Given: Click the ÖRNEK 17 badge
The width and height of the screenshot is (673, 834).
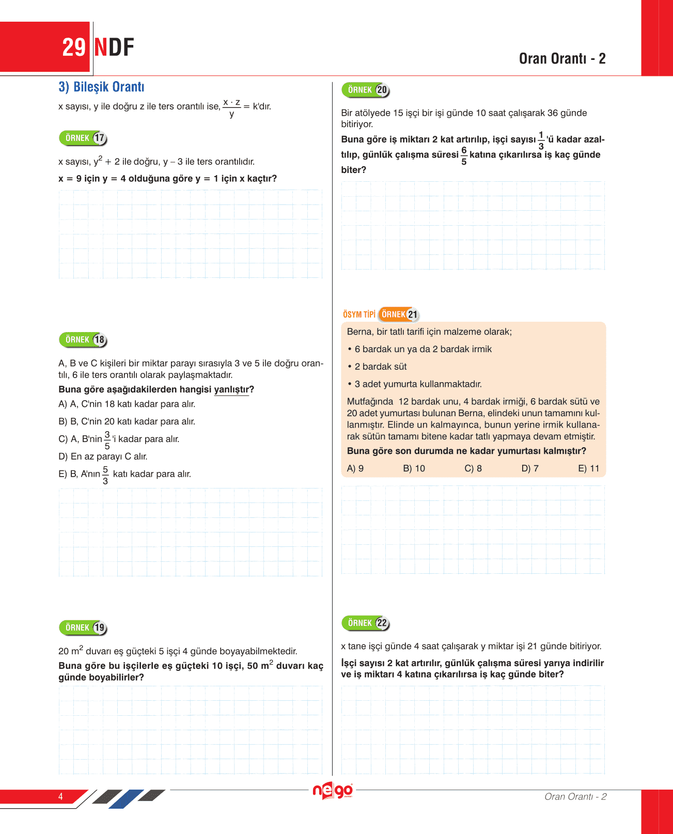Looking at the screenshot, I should coord(83,138).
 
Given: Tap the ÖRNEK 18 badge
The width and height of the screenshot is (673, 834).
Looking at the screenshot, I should coord(83,340).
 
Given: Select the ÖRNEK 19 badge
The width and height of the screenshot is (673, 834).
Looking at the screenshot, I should coord(83,628).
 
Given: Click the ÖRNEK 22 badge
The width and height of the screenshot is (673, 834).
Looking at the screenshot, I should coord(366,623).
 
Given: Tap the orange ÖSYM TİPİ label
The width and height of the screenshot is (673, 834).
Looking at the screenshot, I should coord(359,314).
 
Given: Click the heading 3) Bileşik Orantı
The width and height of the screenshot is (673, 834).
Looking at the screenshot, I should coord(101,87).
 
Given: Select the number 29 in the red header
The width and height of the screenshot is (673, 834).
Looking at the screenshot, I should coord(73,48).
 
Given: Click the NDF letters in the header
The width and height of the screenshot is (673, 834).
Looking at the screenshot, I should coord(114,48).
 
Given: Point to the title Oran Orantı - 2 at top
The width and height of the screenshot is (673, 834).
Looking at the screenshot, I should coord(562,59).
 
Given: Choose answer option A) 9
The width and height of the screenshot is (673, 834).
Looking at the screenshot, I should coord(355,468).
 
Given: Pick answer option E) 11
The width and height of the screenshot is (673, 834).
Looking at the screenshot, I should coord(589,468).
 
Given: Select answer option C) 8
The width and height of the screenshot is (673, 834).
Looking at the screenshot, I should coord(473,468).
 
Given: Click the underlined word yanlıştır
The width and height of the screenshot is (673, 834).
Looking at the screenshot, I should coord(231,389).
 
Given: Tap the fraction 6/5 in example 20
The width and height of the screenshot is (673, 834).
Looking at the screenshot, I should coord(464,155).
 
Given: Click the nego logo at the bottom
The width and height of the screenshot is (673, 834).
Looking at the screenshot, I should coord(333,791).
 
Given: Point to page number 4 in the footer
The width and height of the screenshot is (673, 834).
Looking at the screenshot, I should coord(60,796).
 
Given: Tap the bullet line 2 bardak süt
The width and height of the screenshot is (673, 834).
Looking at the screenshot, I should coord(380,367).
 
